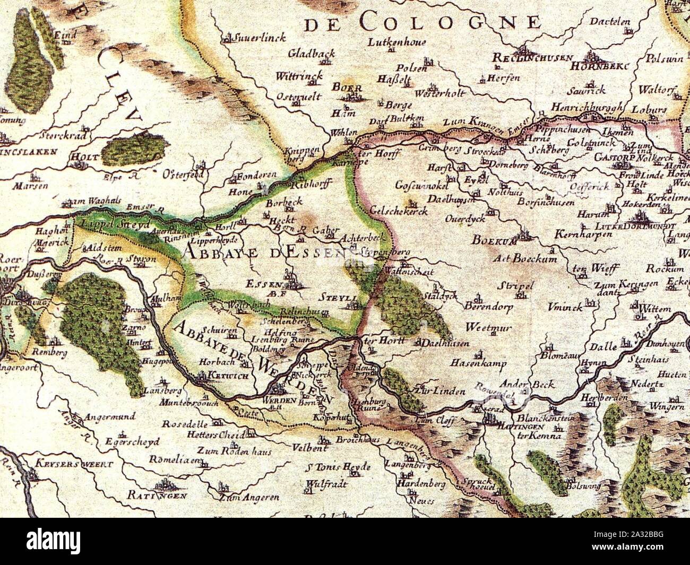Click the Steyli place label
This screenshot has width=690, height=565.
point(340,298)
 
